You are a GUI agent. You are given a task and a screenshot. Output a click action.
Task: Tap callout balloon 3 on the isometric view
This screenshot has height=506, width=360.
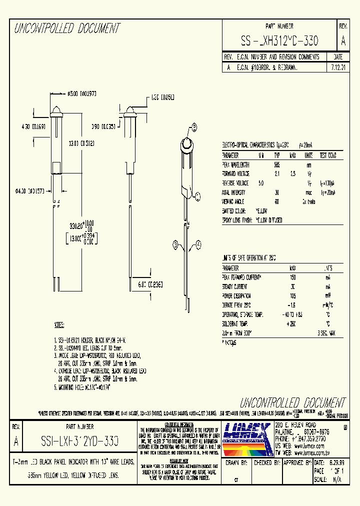tap(175, 245)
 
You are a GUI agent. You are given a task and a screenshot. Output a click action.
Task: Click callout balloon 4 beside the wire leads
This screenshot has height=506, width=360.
tap(198, 243)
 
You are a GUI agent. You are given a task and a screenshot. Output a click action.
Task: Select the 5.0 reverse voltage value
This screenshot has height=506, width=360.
tap(260, 183)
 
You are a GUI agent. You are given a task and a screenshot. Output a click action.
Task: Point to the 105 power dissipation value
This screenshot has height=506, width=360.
tap(293, 295)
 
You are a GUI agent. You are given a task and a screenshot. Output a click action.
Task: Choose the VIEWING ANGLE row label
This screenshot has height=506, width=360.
tap(236, 201)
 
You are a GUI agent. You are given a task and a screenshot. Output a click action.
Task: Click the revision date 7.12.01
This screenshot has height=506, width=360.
tap(338, 66)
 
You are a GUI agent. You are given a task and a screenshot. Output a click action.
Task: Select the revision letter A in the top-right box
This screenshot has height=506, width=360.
tap(342, 41)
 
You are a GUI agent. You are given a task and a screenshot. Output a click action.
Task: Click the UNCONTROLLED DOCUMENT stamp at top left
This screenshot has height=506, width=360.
tap(67, 28)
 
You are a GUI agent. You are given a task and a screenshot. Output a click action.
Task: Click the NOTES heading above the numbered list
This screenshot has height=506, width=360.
tap(59, 325)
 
